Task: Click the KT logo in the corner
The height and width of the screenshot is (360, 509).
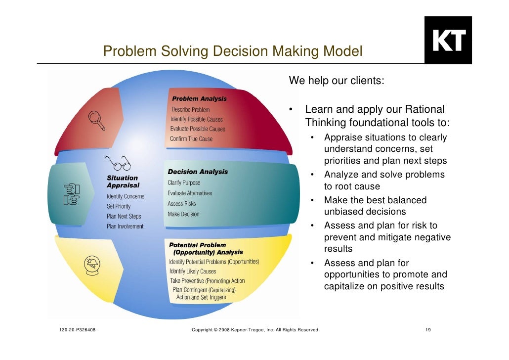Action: (448, 41)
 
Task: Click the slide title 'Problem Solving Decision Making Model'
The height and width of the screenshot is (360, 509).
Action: (233, 51)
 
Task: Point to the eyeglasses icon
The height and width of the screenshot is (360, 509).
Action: (117, 162)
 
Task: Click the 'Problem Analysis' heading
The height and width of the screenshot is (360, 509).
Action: (199, 99)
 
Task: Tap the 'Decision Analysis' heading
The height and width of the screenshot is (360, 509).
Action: (198, 172)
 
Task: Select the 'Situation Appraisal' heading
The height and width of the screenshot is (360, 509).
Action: (123, 181)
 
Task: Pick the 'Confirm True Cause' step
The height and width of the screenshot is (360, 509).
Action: (191, 139)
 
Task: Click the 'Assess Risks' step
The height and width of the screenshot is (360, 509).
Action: (182, 204)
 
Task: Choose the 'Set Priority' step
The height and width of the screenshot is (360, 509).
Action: (119, 206)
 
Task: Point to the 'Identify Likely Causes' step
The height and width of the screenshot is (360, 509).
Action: (193, 271)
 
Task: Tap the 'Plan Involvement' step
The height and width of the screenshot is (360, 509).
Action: (125, 226)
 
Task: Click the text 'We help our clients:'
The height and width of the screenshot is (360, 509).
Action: (336, 81)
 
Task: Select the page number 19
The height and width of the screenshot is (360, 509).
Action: (428, 329)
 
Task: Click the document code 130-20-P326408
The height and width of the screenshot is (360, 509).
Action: (74, 329)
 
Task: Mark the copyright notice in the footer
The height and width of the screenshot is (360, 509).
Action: (254, 329)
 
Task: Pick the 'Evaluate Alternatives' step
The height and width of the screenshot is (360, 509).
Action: (190, 193)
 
